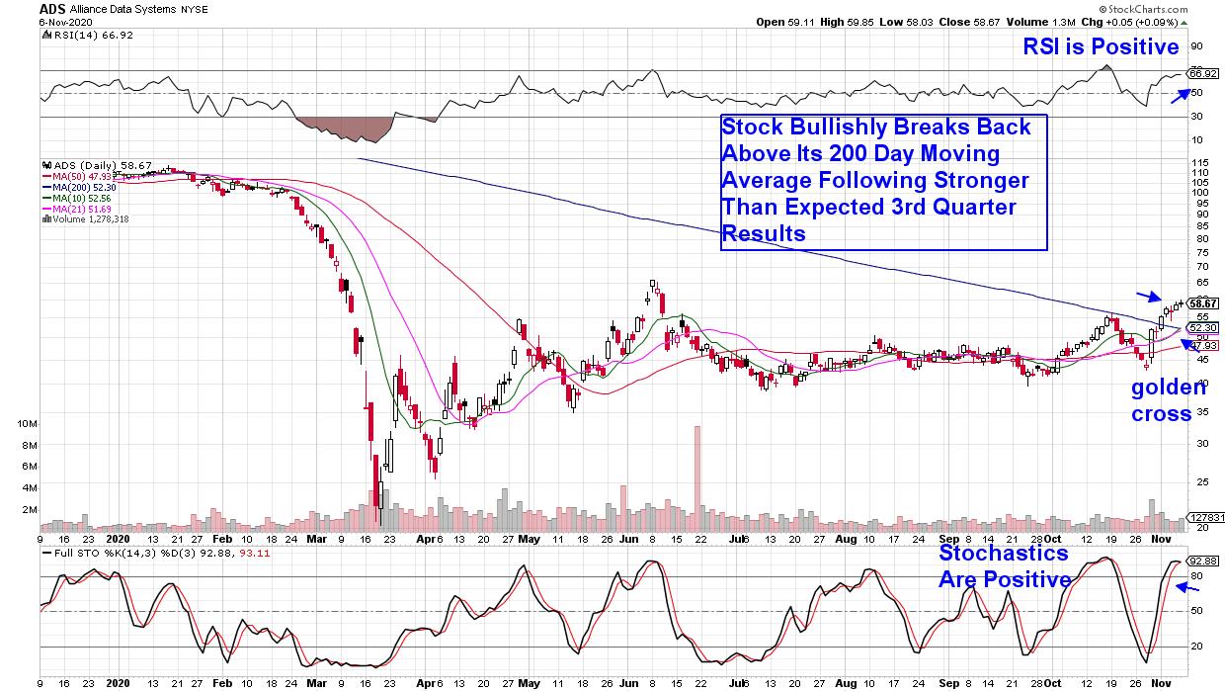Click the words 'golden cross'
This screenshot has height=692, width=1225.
coord(1162,400)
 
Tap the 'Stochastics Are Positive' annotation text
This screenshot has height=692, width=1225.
coord(1004,565)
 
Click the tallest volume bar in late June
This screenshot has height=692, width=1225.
coord(697,475)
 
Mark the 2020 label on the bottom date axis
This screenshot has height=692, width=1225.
coord(119,683)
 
